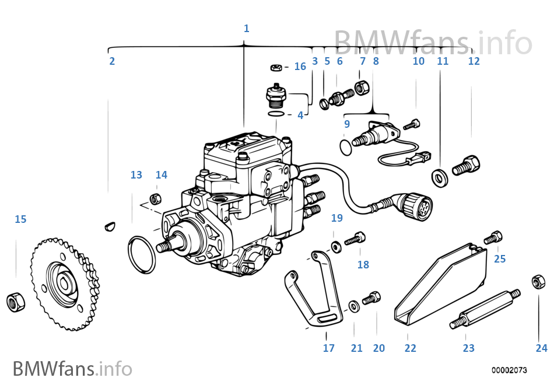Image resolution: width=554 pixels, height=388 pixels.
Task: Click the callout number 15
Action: click(20, 219)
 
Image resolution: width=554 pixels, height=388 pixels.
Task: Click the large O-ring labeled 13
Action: click(142, 254)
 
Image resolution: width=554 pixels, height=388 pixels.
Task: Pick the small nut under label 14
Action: click(156, 198)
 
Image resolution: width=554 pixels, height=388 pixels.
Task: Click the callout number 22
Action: click(411, 348)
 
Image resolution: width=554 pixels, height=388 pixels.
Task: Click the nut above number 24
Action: click(538, 282)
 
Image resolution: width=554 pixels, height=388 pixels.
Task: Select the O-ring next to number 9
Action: click(346, 145)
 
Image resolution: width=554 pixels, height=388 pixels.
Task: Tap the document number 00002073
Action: click(509, 370)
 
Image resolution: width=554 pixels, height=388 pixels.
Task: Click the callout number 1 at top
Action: click(246, 28)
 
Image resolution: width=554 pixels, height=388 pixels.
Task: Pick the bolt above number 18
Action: click(355, 239)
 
